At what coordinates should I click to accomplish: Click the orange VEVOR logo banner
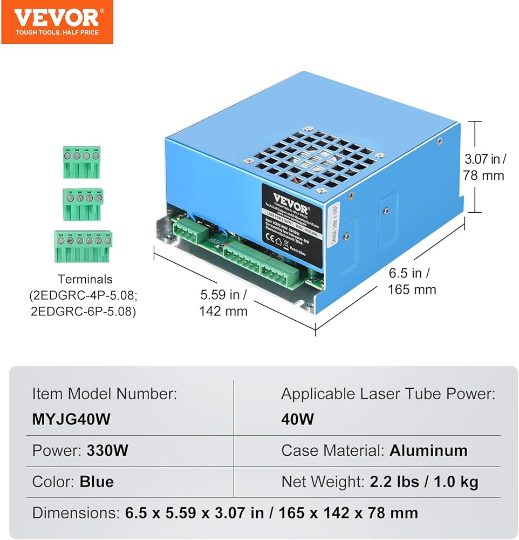point(57,22)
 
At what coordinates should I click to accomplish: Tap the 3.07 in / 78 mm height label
point(484,167)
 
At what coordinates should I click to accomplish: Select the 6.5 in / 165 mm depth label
point(412,281)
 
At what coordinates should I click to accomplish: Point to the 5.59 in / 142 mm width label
point(223,303)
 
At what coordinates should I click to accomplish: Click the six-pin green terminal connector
point(83,246)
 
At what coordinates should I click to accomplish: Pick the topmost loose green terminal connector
point(81,161)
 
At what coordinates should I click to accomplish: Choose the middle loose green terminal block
point(83,204)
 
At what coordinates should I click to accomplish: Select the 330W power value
point(107,451)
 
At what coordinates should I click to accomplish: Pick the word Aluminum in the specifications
point(428,450)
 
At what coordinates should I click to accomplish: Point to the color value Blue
point(97,481)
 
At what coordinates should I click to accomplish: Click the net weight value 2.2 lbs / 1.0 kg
point(424,481)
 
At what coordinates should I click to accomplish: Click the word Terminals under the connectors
point(85,279)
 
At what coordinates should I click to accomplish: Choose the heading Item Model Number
point(104,394)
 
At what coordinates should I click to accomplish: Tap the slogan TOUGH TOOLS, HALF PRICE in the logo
point(57,33)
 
